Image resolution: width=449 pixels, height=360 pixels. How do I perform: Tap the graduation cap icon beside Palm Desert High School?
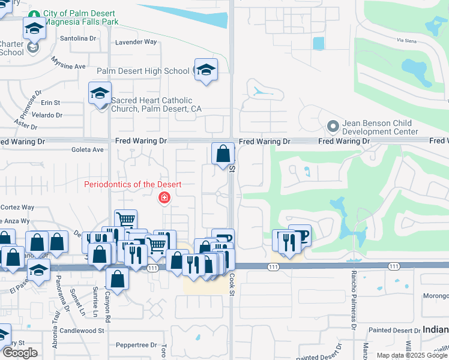(205, 70)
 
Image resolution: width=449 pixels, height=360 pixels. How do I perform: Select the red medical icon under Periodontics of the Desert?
(163, 197)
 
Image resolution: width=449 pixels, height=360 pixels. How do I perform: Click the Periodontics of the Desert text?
(133, 184)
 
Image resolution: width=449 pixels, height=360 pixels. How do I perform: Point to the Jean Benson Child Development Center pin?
(333, 127)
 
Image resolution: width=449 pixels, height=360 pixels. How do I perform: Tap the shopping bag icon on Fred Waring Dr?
(223, 154)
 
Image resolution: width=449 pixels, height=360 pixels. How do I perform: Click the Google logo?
(19, 353)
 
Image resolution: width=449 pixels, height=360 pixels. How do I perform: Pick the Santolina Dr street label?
(79, 38)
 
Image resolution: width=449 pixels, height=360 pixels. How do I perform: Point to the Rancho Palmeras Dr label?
(353, 298)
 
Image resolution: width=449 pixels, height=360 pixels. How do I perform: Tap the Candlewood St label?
(82, 331)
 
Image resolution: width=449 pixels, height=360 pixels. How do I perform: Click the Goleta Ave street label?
(88, 151)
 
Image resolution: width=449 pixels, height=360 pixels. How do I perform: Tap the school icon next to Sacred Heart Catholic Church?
(100, 94)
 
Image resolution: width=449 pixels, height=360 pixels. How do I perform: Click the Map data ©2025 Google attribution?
(412, 355)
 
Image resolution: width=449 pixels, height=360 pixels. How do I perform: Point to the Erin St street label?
(50, 103)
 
